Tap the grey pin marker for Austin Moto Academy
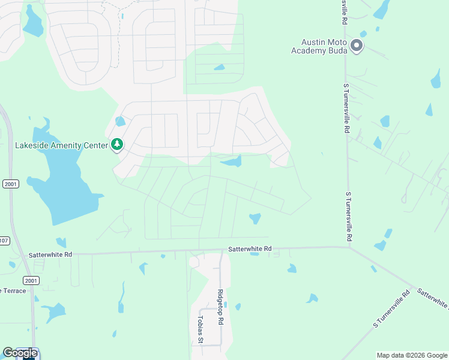pos(357,46)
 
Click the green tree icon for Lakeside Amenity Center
pos(117,145)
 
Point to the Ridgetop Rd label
pos(220,307)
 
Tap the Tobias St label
pos(201,329)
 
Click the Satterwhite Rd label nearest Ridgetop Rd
pos(250,248)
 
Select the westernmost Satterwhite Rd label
pos(50,255)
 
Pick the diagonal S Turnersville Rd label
pos(391,308)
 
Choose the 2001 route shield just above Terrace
pos(31,280)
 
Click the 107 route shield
pos(4,241)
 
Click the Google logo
pos(20,353)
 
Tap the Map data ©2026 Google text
pos(411,355)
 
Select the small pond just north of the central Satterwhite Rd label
pos(255,218)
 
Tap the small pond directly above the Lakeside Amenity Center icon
pos(120,122)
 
